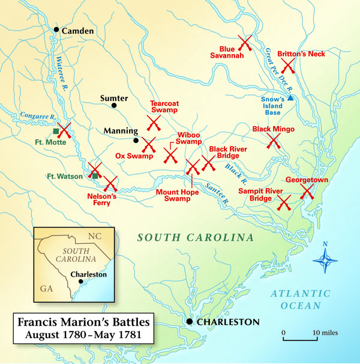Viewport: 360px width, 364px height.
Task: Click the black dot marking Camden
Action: click(x=56, y=29)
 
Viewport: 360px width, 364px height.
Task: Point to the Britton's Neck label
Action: click(x=301, y=54)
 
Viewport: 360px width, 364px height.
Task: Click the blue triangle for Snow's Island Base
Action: click(x=290, y=97)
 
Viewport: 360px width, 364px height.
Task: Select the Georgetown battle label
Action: click(x=306, y=180)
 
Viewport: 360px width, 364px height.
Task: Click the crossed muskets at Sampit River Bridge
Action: click(x=284, y=202)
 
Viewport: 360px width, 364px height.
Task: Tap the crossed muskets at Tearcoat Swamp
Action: click(x=154, y=123)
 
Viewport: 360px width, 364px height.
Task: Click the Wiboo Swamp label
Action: click(x=188, y=139)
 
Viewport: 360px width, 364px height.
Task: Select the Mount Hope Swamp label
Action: click(x=178, y=195)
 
